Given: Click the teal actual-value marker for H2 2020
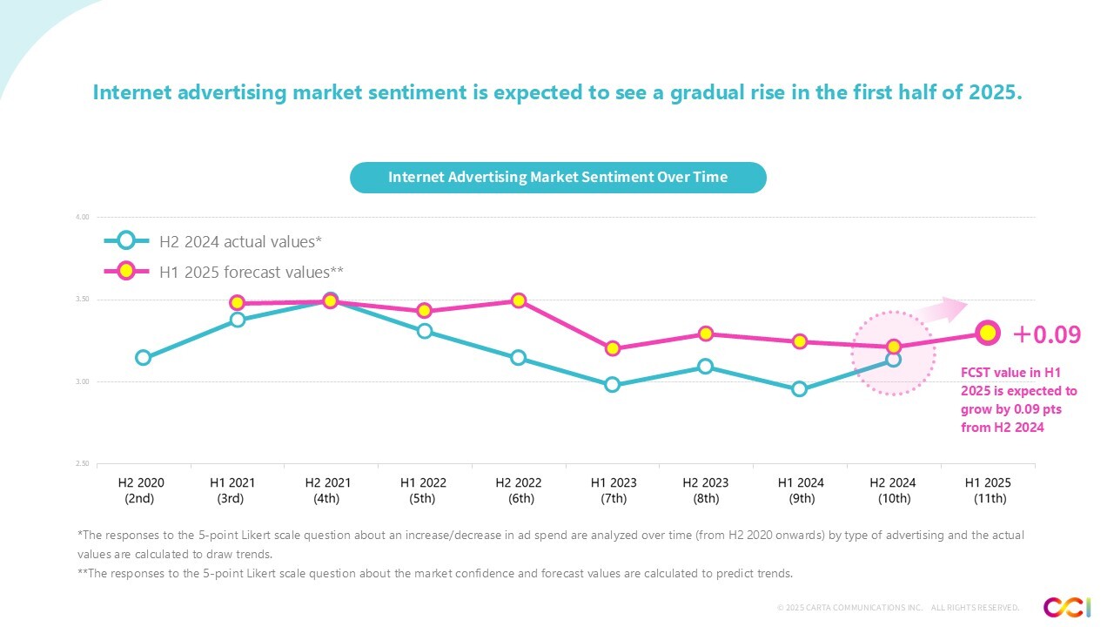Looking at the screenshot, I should point(143,357).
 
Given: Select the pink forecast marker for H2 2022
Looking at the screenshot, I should point(518,300).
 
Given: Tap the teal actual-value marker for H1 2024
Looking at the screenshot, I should point(799,389).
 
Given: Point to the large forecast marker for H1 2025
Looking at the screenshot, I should point(987,332).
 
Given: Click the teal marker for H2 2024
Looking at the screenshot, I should point(893,359).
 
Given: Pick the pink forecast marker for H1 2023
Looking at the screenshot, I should point(612,348).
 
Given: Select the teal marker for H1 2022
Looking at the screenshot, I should point(425,331).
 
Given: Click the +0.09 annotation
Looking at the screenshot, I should point(1046,334).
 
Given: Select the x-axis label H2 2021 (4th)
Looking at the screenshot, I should point(327,490).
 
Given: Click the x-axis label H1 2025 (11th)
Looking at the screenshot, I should point(988,490).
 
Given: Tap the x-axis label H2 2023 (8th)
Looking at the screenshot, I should point(706,490).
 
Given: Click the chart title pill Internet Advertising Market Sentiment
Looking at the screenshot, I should point(557,178).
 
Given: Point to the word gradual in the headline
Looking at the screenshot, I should point(703,92).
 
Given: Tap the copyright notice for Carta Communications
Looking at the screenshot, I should point(897,607).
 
